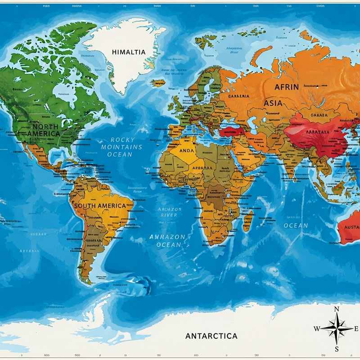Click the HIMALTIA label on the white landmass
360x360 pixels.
coord(129,52)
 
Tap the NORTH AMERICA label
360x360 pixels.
coord(43,130)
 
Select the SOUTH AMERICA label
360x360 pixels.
coord(100,206)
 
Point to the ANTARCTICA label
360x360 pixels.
coord(211,336)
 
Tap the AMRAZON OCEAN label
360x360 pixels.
coord(167,240)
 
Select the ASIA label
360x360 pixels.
coord(273,103)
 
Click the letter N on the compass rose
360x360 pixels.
coord(337,309)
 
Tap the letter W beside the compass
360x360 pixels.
coord(317,329)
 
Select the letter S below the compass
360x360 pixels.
coord(337,349)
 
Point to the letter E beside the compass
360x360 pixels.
coord(356,329)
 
